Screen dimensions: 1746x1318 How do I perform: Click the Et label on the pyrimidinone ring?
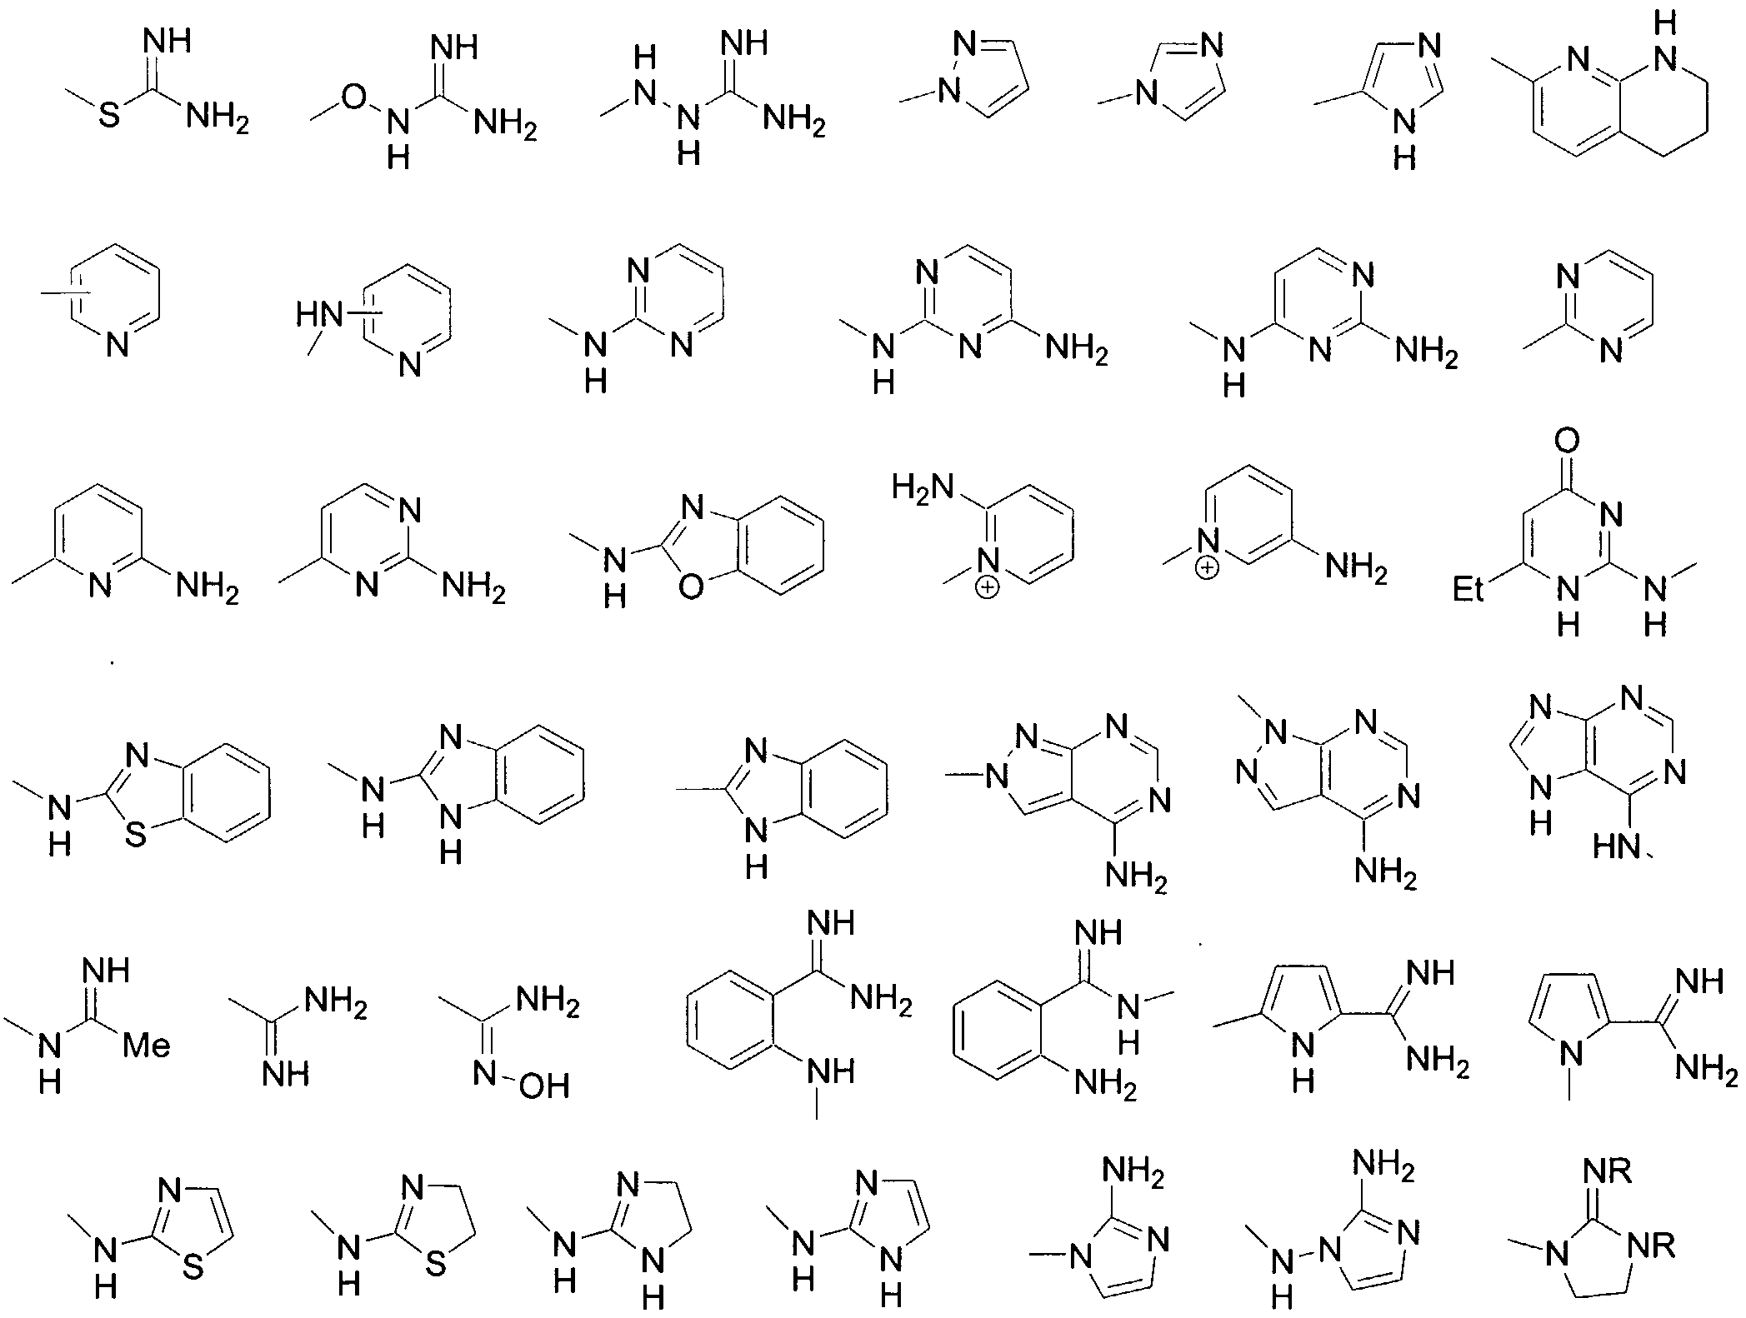click(1470, 590)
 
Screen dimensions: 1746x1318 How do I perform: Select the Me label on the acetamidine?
click(147, 1045)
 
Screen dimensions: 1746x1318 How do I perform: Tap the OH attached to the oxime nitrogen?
click(543, 1086)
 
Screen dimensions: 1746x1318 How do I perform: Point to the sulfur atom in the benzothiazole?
click(135, 834)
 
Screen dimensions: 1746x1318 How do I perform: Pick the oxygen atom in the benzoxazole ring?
click(690, 587)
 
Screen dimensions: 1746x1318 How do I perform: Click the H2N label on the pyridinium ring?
click(922, 486)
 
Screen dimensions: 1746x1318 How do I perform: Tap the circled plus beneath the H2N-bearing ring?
click(988, 588)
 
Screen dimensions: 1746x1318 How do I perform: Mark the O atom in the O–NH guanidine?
click(354, 97)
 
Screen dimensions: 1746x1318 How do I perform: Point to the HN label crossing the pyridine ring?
click(320, 315)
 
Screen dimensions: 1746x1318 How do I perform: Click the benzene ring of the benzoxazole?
click(778, 546)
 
